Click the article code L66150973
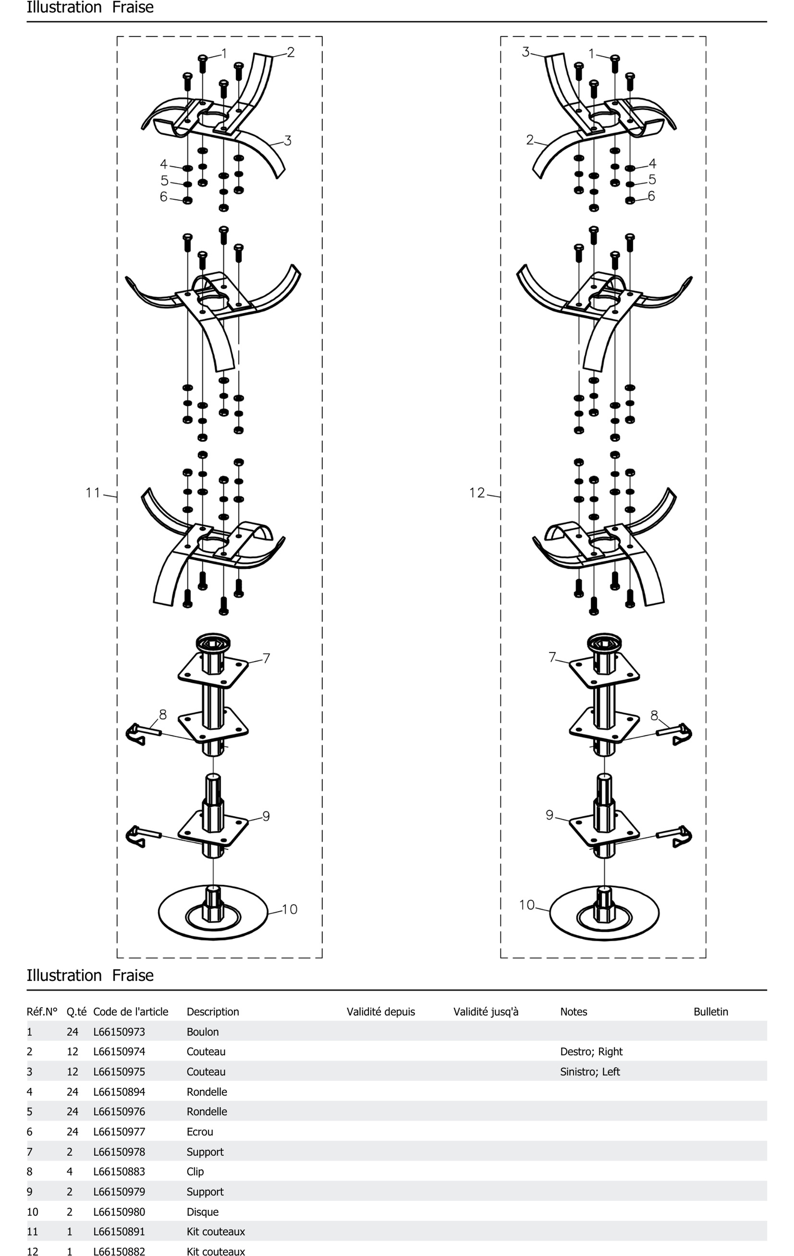[119, 1032]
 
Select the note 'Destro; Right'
[591, 1051]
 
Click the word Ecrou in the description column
[200, 1131]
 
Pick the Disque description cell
[202, 1212]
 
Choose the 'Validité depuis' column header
[380, 1011]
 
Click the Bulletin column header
[710, 1011]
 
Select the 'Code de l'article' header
[130, 1011]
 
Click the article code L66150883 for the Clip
[119, 1171]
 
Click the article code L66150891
[119, 1232]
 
